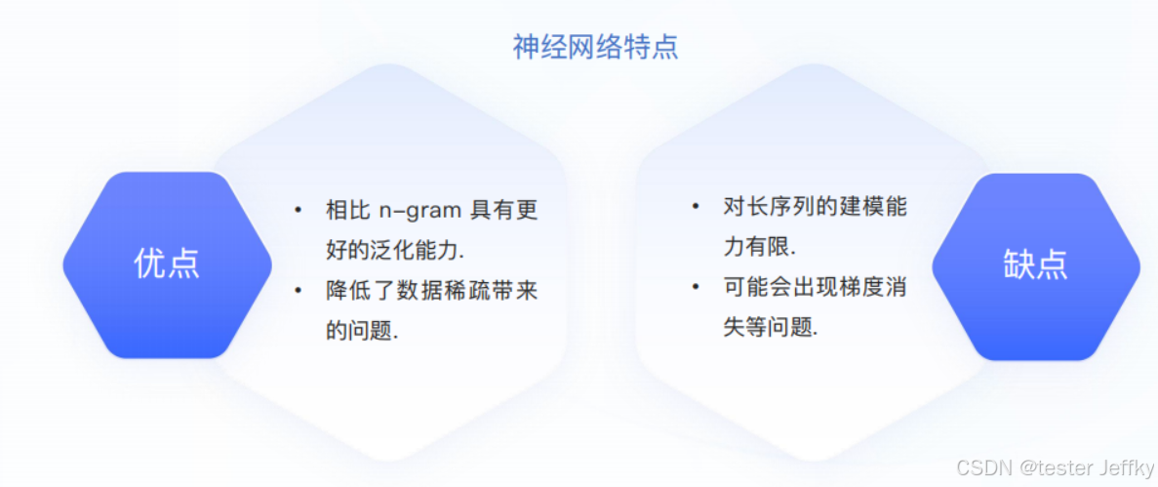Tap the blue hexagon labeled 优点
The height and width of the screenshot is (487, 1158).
pos(167,264)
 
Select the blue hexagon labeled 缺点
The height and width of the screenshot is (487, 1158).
pos(1035,264)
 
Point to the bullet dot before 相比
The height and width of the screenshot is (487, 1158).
pos(299,210)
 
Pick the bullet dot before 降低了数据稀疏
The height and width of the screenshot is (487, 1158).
pos(299,290)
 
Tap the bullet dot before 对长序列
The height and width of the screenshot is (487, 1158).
pos(696,207)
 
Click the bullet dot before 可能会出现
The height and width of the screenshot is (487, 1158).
pos(696,287)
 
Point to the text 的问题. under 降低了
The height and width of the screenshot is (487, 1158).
pos(362,331)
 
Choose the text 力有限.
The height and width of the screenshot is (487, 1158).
pos(759,247)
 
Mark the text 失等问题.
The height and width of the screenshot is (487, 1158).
pos(770,327)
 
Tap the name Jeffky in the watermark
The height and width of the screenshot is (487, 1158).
pos(1126,468)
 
